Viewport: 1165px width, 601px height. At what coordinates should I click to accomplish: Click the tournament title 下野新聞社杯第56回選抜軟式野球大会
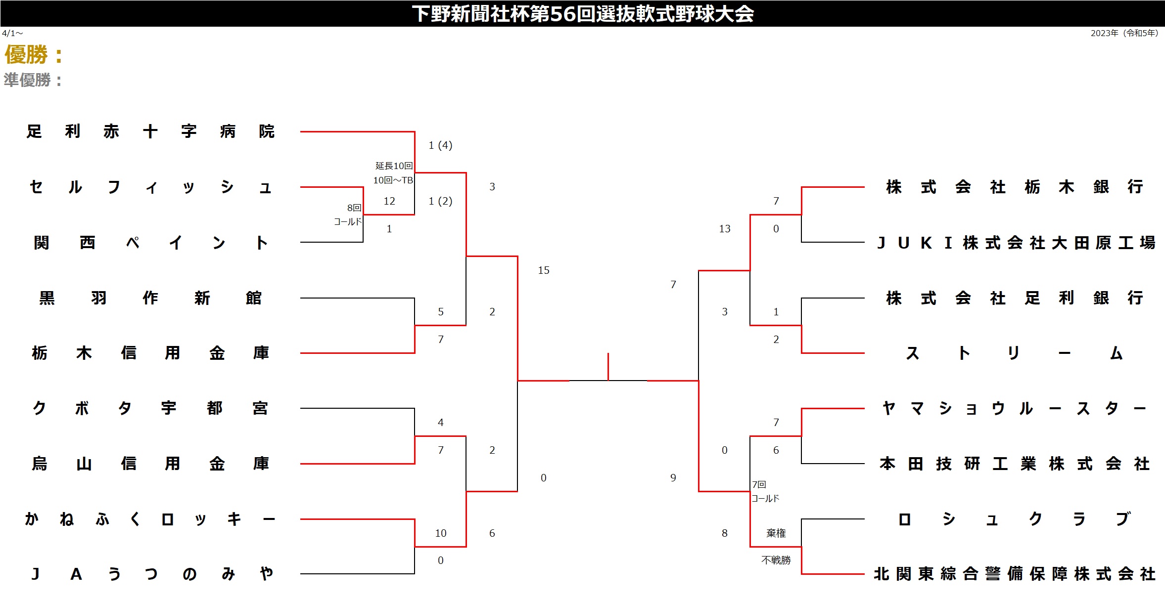(x=583, y=13)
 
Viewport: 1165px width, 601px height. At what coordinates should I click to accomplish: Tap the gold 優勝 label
(x=27, y=54)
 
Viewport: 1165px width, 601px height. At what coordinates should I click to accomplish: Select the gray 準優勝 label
(x=27, y=80)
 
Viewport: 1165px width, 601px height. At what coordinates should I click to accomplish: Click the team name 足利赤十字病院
(x=150, y=131)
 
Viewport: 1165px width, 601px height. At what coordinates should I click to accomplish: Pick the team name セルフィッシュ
(x=150, y=187)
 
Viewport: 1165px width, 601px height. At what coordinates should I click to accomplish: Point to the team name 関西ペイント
(x=150, y=242)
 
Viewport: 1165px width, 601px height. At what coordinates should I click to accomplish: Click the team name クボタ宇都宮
(x=150, y=408)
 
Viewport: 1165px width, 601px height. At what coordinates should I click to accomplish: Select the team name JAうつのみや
(x=150, y=574)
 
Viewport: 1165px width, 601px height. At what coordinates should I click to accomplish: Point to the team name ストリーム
(x=1014, y=353)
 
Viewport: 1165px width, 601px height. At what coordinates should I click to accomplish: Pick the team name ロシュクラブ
(x=1014, y=519)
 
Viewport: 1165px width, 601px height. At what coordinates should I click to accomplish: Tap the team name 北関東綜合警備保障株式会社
(x=1014, y=574)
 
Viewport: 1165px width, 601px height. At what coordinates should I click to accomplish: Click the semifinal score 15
(x=544, y=270)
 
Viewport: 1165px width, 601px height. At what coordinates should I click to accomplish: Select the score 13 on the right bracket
(x=725, y=229)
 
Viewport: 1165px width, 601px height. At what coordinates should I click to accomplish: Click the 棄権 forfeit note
(x=776, y=533)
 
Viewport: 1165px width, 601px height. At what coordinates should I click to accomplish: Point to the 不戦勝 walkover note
(x=776, y=560)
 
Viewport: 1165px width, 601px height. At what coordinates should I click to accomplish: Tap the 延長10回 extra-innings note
(x=394, y=166)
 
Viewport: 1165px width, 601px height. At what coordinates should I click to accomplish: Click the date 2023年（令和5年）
(x=1124, y=33)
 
